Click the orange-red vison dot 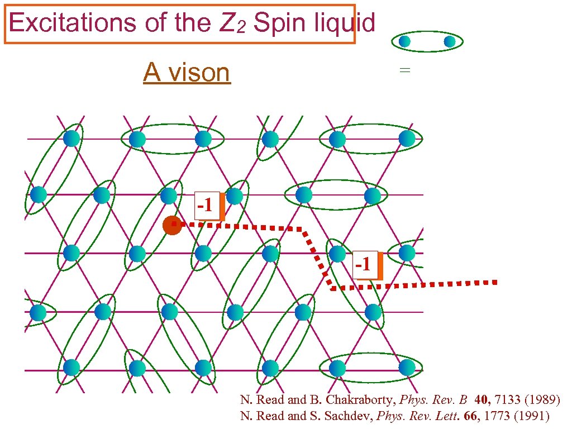pyautogui.click(x=172, y=225)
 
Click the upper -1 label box pyautogui.click(x=207, y=206)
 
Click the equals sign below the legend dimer pyautogui.click(x=404, y=70)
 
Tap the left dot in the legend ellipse pyautogui.click(x=404, y=41)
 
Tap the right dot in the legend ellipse pyautogui.click(x=450, y=41)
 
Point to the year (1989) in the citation pyautogui.click(x=538, y=400)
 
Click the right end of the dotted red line pyautogui.click(x=494, y=283)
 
